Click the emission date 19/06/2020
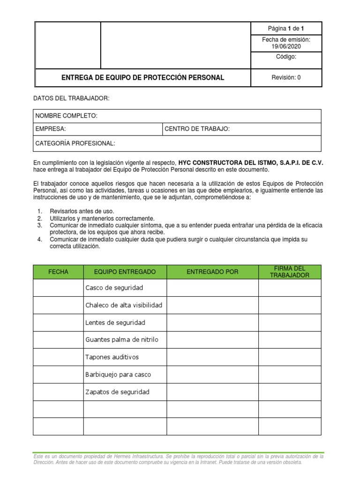(286, 46)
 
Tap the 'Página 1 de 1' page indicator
(286, 29)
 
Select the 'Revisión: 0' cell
(286, 78)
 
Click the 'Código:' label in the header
(286, 57)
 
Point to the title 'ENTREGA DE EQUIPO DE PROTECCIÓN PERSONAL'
(143, 78)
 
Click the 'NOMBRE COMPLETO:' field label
(67, 116)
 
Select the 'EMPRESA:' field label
(51, 129)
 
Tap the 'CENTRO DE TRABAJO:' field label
(197, 129)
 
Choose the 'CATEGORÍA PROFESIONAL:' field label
(75, 143)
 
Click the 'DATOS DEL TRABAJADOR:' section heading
(71, 98)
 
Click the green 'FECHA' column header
(58, 272)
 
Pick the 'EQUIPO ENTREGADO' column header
(125, 272)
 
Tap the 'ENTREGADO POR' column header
(212, 272)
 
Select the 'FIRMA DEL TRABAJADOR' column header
(290, 272)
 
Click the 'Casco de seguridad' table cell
(114, 288)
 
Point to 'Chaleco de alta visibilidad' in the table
(124, 305)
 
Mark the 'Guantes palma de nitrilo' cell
(122, 340)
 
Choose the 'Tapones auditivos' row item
(112, 357)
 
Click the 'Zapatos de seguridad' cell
(117, 392)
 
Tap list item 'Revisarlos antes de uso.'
(82, 211)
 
